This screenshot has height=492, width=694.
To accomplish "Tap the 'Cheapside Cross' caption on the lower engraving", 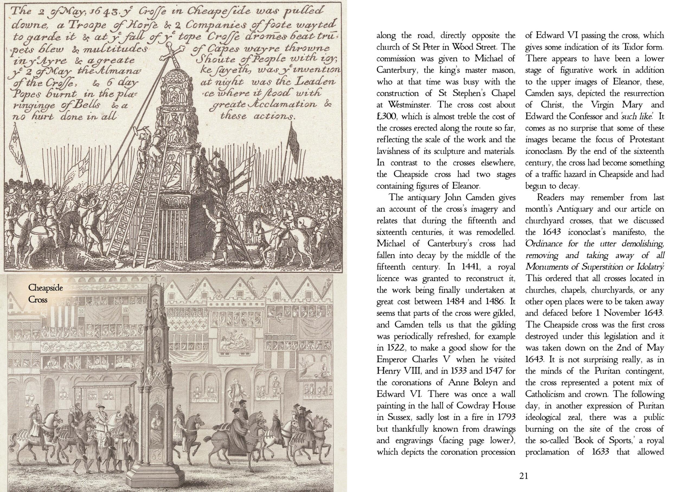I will point(46,293).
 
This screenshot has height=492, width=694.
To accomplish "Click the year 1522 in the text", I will point(393,348).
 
